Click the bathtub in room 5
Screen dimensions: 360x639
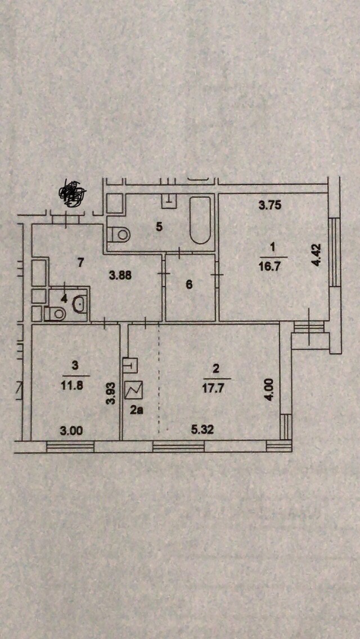(200, 220)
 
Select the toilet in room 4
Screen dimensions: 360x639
(56, 314)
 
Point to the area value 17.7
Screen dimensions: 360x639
(216, 386)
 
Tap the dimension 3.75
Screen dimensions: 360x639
(269, 205)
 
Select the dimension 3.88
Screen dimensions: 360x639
(121, 276)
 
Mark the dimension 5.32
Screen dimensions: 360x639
(202, 430)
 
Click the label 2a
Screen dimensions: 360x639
(137, 410)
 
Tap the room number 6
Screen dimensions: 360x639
(189, 285)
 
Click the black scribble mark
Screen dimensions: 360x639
(71, 192)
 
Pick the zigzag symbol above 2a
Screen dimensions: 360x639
(135, 389)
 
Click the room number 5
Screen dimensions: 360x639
(159, 227)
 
